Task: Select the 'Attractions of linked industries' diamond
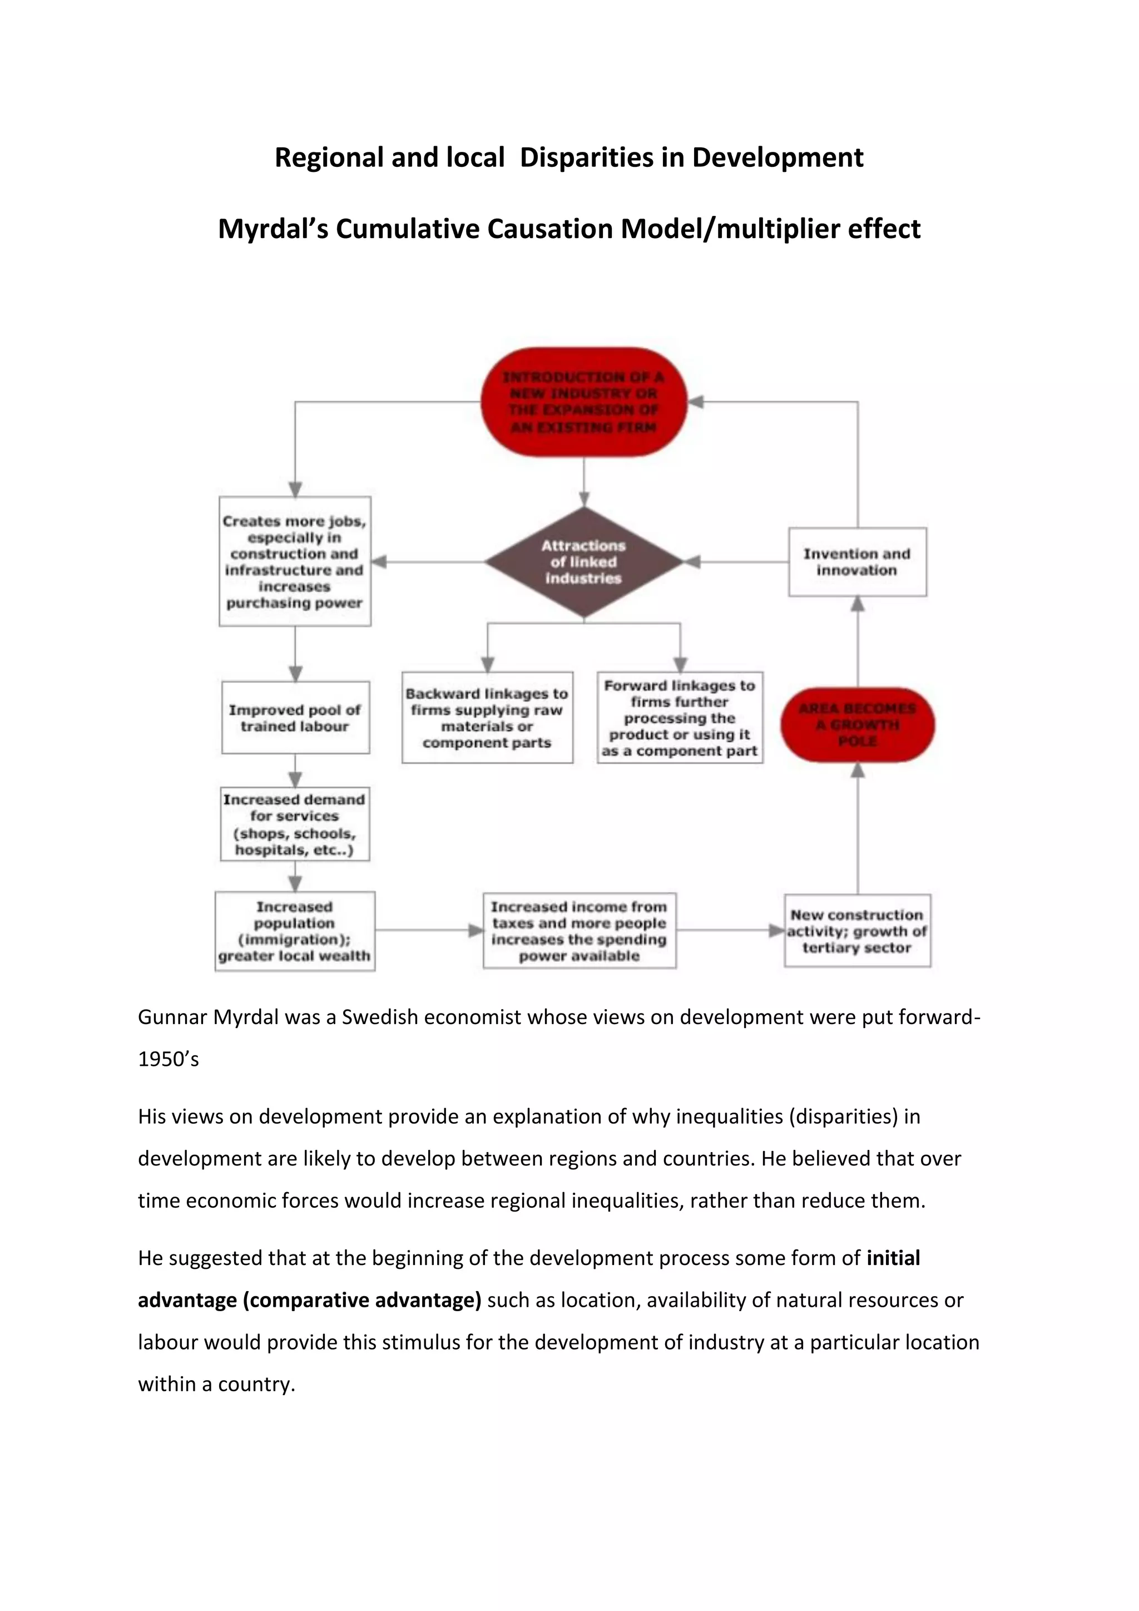583,562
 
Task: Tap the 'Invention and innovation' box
857,562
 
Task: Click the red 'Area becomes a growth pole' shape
857,725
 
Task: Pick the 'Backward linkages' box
487,718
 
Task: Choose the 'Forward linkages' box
680,718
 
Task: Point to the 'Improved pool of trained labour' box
295,718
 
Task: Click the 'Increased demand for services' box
295,824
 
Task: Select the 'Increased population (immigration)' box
295,931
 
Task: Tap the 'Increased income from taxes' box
580,931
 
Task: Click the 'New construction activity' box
857,931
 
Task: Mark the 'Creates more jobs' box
295,561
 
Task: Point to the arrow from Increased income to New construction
730,931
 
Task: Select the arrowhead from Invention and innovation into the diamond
693,562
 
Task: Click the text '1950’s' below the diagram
169,1059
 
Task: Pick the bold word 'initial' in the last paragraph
893,1258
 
